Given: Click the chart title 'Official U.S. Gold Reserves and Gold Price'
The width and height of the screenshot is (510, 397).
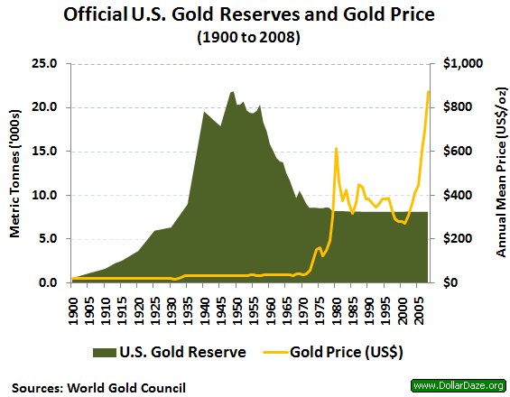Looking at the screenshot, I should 255,16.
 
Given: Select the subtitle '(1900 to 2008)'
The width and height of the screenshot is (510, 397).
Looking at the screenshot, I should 255,39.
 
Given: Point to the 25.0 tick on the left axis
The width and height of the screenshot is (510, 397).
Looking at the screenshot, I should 45,64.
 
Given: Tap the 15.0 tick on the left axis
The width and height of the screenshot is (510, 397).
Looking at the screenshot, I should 45,152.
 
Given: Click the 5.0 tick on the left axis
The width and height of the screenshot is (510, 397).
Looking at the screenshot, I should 48,239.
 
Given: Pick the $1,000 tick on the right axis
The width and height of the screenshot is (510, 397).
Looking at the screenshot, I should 461,64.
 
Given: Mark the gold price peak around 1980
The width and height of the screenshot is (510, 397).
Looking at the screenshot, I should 336,149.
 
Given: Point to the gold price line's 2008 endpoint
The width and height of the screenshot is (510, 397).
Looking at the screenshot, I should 428,92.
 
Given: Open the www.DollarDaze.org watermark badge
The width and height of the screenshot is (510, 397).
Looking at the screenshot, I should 458,386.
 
